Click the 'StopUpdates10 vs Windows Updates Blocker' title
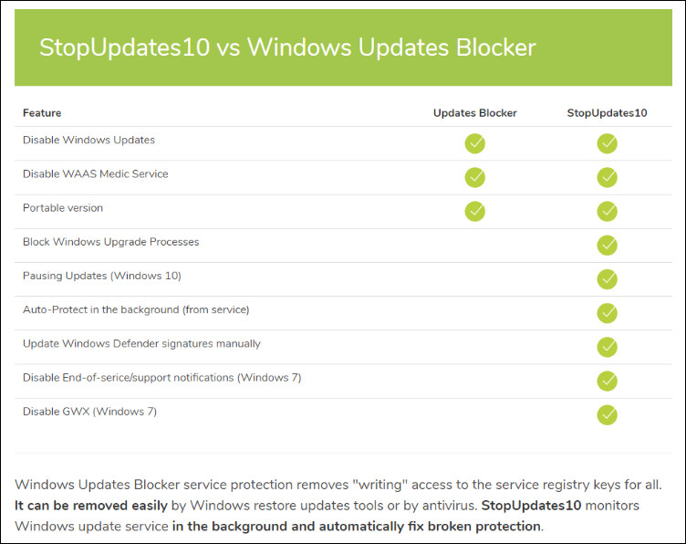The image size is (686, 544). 286,47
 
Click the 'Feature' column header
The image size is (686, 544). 42,113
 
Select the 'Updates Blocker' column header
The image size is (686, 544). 474,113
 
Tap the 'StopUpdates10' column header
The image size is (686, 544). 607,113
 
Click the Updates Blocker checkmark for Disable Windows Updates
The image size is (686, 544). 474,143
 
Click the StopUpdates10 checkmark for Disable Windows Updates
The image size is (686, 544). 607,143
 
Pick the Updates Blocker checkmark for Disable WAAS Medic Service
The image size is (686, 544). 474,177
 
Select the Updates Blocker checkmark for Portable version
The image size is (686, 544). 474,211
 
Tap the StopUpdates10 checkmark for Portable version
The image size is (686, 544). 607,211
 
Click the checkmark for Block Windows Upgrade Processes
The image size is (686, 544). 607,245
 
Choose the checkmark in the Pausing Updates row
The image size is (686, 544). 607,278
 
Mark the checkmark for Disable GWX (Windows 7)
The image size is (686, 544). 607,414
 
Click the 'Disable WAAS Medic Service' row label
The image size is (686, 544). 95,174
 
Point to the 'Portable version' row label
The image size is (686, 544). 63,208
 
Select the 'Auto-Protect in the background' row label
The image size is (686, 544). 136,309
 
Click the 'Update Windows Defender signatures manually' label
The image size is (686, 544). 141,344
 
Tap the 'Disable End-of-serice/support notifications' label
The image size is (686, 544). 161,378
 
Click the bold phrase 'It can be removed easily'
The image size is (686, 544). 91,505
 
